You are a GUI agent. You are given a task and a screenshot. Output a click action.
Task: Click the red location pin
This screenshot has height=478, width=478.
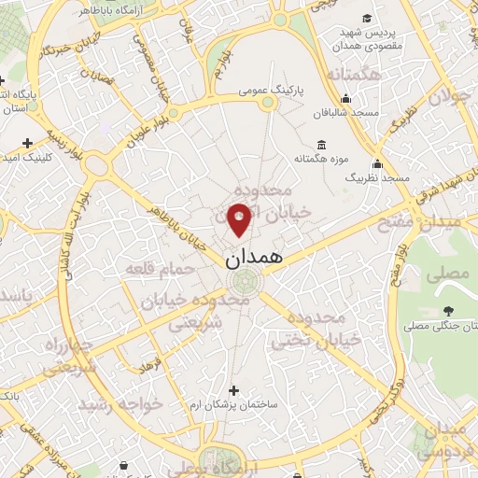[239, 218]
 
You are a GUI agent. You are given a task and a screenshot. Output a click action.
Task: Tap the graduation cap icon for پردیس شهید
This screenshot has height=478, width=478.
[367, 19]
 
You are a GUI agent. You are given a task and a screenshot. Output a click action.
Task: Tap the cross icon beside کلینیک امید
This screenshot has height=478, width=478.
[27, 144]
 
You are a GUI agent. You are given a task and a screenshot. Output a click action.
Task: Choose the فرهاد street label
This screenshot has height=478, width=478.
[150, 358]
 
